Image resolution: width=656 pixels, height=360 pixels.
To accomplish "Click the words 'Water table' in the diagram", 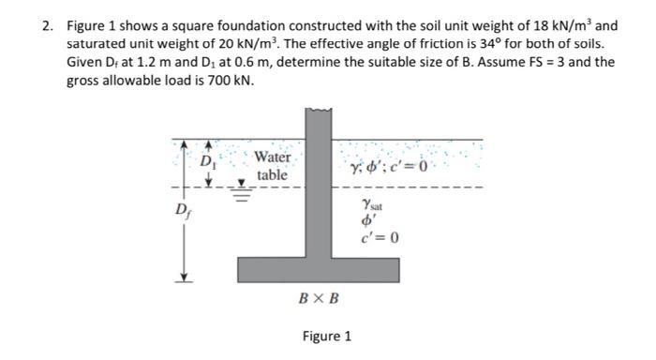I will (273, 166).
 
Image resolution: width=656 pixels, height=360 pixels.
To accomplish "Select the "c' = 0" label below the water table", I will (380, 236).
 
